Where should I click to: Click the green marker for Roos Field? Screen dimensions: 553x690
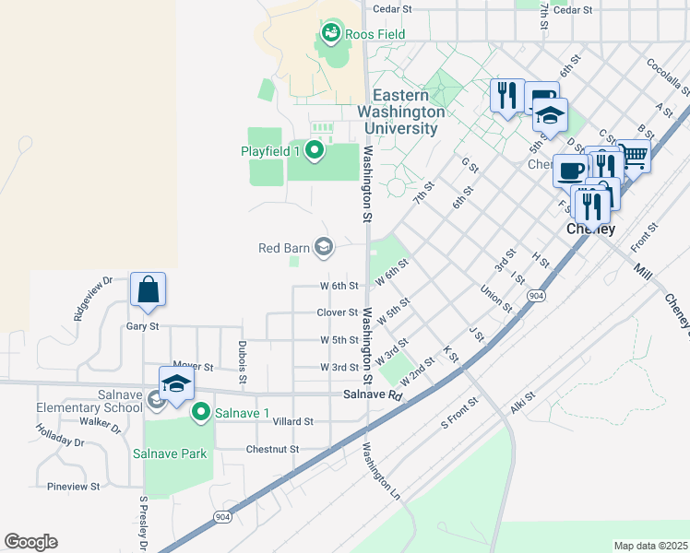330,34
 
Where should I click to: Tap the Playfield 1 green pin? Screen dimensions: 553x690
315,150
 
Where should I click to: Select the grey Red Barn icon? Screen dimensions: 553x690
324,246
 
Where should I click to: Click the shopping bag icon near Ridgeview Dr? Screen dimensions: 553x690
148,289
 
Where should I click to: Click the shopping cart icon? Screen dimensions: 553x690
633,157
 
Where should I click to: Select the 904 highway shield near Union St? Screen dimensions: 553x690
535,296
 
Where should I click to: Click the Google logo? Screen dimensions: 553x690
30,542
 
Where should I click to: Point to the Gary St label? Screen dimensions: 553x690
143,325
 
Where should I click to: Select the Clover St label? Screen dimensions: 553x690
337,312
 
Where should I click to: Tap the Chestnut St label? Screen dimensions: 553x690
272,449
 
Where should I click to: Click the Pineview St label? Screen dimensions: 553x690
73,486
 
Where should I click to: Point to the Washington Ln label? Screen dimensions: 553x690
382,472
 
